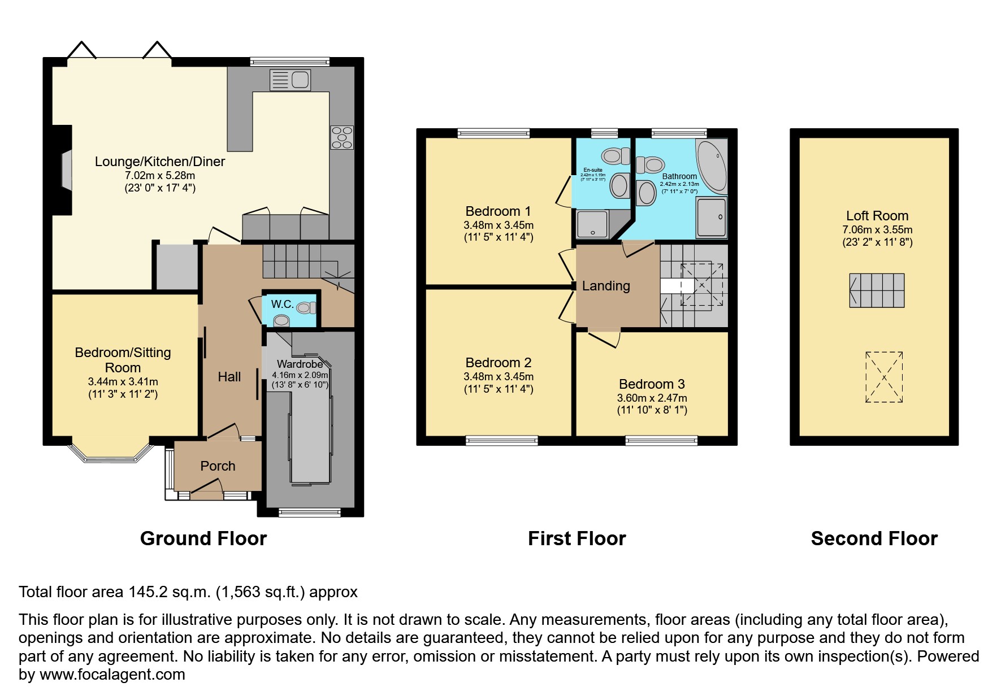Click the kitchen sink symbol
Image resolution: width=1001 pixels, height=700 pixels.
(x=290, y=80)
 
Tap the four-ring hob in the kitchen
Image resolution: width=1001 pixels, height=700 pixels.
(x=341, y=137)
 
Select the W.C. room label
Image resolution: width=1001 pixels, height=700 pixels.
(x=282, y=304)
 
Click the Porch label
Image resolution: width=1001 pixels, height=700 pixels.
(x=218, y=466)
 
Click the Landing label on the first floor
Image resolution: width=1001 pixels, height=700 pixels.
(x=606, y=286)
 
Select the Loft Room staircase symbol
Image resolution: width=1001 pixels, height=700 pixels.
(x=877, y=290)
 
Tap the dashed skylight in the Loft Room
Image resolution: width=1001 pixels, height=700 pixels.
(x=883, y=377)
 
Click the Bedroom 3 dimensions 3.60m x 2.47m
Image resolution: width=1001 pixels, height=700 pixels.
(x=652, y=398)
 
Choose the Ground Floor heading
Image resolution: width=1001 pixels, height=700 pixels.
(x=203, y=538)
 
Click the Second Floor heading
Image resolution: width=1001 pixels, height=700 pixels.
(x=874, y=538)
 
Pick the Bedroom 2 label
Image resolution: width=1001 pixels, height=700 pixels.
(x=498, y=363)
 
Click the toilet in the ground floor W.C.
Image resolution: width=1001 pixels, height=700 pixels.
(x=306, y=307)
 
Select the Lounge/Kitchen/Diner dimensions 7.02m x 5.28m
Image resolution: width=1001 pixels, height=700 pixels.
(x=159, y=176)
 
